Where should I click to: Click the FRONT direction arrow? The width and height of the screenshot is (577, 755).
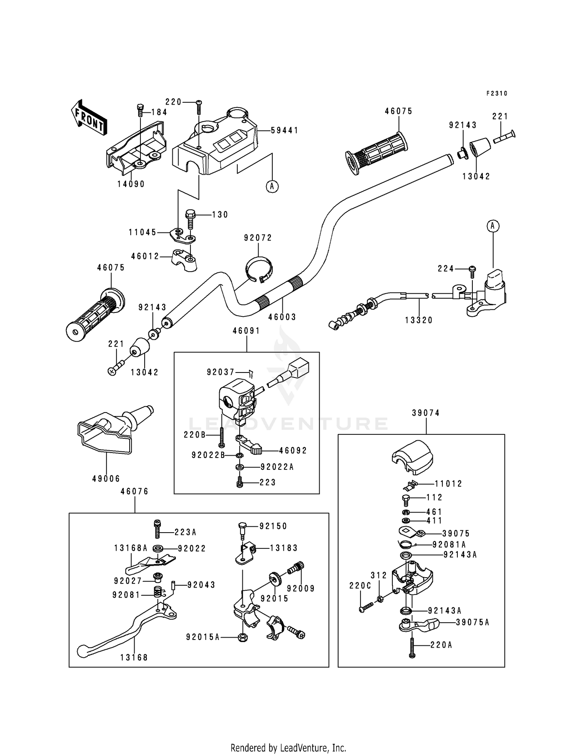89,117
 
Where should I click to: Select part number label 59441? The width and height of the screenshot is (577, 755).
285,130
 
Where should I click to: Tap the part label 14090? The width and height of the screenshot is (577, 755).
131,184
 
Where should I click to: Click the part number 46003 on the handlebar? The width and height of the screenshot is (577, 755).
282,317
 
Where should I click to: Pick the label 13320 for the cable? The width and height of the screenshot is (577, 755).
419,320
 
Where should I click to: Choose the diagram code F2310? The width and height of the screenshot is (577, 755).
497,94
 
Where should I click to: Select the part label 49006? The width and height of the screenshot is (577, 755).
106,479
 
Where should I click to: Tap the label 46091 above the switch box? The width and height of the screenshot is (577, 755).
246,331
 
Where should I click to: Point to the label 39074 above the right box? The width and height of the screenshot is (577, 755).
425,413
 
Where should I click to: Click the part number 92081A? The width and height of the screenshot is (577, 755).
449,545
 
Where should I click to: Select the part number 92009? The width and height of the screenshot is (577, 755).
301,588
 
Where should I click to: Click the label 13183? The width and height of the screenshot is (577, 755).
284,548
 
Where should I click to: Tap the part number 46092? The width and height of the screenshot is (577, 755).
293,451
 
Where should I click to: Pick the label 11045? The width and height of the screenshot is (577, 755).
143,232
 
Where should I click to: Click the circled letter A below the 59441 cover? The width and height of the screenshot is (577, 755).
272,187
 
